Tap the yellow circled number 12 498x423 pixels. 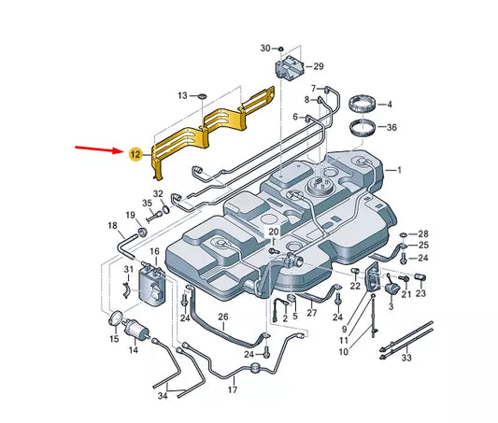135,154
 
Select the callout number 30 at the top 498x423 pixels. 265,49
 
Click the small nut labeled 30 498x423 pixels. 280,49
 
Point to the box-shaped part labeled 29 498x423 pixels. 289,68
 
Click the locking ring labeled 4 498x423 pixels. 363,105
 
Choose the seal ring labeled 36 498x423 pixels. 363,128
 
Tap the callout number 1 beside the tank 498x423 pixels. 399,170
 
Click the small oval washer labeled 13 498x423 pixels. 202,96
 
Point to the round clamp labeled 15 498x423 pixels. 116,318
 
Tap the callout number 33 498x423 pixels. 406,358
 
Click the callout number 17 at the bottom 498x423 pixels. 233,389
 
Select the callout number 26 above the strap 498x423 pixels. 223,317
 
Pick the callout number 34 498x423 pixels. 163,396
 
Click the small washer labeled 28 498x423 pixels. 404,234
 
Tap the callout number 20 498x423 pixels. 274,232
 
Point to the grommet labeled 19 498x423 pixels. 142,232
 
